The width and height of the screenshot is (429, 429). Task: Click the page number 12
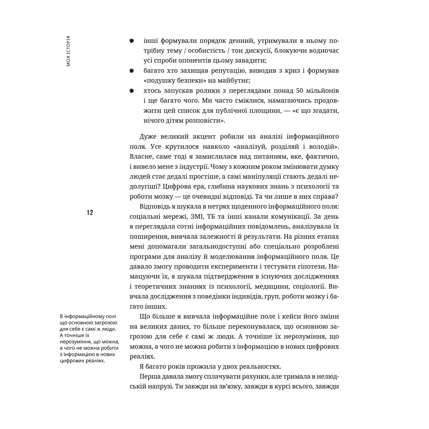[x=90, y=213]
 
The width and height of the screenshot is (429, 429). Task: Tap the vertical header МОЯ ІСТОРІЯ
[x=68, y=51]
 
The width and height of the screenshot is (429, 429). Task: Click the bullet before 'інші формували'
[x=132, y=41]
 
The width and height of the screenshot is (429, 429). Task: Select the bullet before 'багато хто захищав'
[x=132, y=71]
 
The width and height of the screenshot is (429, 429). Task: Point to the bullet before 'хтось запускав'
[x=132, y=91]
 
